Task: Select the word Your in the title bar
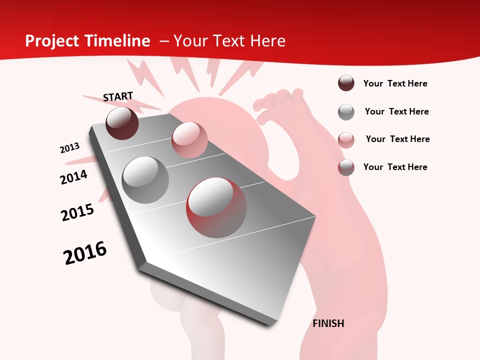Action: click(190, 41)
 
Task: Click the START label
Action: click(118, 96)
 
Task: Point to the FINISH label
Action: click(328, 323)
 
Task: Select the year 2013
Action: click(69, 148)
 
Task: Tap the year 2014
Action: click(73, 177)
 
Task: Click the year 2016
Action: click(85, 253)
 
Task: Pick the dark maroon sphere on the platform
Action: click(122, 123)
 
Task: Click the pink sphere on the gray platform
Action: click(189, 139)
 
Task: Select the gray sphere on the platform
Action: click(145, 179)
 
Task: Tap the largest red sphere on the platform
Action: click(216, 207)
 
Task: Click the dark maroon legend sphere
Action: click(346, 83)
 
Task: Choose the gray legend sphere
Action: click(346, 112)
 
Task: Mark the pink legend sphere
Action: click(346, 139)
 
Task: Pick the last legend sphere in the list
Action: click(346, 167)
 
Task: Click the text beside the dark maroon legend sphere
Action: click(395, 84)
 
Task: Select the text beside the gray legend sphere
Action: click(396, 111)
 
